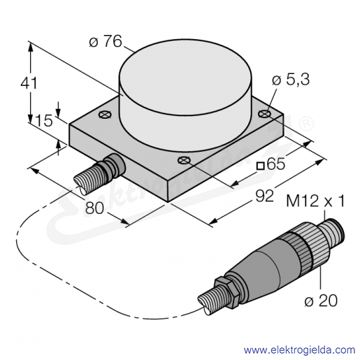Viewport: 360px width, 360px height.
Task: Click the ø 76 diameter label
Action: [106, 41]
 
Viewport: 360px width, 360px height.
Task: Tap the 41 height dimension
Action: [29, 82]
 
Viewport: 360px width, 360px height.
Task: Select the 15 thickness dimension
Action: [43, 121]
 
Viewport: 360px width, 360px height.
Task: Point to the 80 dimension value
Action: [94, 208]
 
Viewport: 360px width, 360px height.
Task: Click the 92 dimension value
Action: [264, 196]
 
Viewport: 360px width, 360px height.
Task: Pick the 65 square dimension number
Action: [276, 164]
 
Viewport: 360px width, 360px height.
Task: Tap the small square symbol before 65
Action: [260, 166]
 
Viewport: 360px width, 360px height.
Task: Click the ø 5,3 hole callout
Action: [291, 80]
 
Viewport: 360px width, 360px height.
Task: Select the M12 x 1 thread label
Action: [315, 201]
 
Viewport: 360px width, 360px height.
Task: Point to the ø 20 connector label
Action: [321, 301]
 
